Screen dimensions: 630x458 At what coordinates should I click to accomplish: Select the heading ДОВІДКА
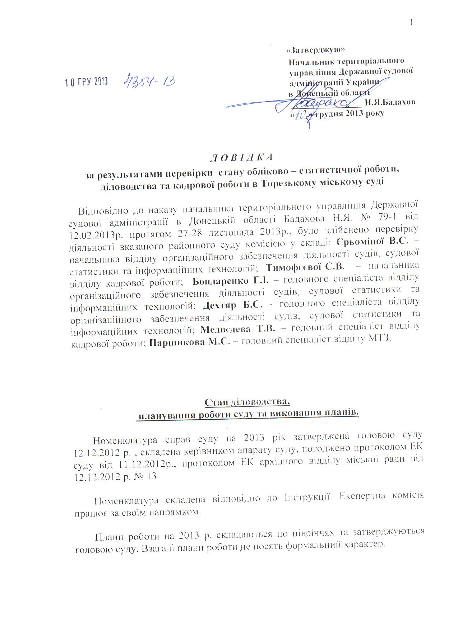tap(241, 157)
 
